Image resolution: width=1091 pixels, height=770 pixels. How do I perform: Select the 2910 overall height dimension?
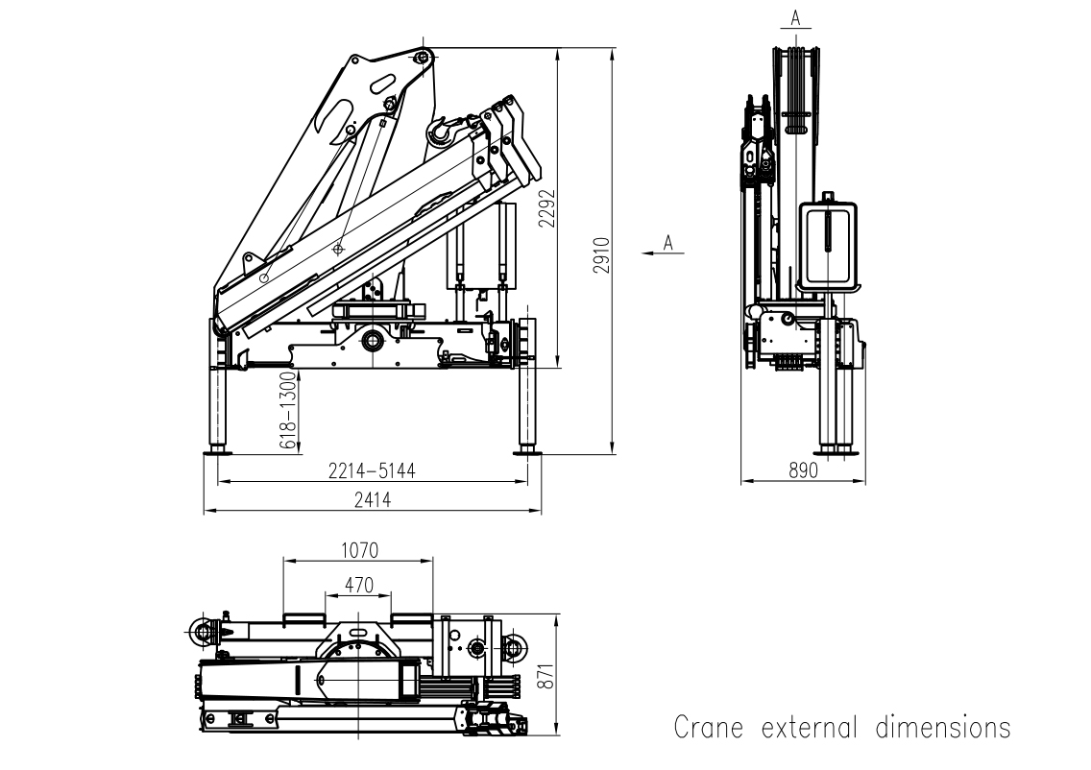[x=602, y=255]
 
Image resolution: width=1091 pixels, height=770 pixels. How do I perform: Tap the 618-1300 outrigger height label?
[x=288, y=411]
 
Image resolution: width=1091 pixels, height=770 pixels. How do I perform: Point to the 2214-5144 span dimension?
[x=373, y=470]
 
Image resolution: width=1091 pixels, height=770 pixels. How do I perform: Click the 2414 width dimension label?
[x=373, y=500]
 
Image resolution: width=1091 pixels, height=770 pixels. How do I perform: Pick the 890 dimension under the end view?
[x=803, y=470]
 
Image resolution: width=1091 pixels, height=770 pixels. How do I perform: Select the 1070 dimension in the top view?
[x=360, y=551]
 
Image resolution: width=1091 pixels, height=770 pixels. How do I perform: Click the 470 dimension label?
[x=359, y=586]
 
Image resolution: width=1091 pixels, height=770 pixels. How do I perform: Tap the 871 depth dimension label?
[x=547, y=676]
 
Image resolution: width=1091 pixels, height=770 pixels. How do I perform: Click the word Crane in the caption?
[x=709, y=728]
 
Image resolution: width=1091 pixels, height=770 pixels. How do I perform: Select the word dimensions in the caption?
[x=943, y=727]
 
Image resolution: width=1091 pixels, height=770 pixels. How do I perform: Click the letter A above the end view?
[x=796, y=18]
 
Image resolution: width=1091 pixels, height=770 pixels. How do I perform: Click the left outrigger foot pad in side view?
[x=217, y=454]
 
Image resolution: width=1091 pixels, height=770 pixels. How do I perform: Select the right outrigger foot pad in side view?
[x=527, y=453]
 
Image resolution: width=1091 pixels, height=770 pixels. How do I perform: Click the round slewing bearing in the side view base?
[x=373, y=340]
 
